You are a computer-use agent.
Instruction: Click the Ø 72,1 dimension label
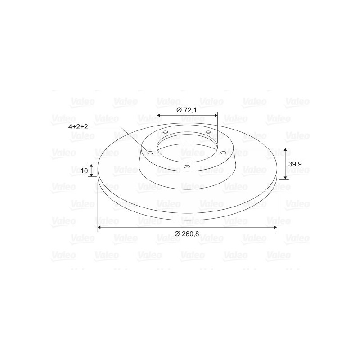(186, 110)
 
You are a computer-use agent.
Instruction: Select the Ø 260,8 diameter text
(186, 234)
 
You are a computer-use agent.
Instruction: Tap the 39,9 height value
(295, 164)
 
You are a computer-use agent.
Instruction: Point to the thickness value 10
(84, 171)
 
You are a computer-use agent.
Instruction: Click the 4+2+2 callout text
(78, 127)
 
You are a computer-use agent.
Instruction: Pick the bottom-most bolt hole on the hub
(187, 166)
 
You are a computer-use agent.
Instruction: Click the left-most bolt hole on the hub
(150, 153)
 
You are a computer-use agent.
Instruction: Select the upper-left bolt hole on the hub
(165, 132)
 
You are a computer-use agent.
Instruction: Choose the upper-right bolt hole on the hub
(208, 132)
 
